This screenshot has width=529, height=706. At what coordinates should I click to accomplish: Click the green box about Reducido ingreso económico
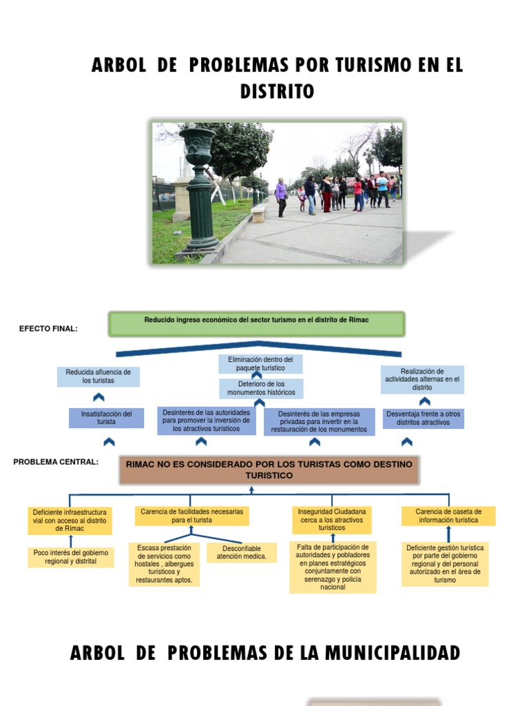point(257,323)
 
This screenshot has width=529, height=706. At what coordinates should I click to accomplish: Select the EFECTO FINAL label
point(48,329)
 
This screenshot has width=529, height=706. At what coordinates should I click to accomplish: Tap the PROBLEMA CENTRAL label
point(56,462)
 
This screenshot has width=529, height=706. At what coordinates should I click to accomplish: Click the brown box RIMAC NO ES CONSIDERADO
point(269,470)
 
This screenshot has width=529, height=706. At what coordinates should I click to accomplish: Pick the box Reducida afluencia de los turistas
point(98,376)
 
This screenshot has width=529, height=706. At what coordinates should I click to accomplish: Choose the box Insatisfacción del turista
point(107,418)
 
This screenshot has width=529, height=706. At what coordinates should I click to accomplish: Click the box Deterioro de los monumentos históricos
point(261,388)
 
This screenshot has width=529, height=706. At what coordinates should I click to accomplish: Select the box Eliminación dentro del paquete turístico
point(260,364)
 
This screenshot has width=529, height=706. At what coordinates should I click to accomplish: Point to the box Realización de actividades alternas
point(422,379)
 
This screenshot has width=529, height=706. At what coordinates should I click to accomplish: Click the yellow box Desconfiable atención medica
point(242,552)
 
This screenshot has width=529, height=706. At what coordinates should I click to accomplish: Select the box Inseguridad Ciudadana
point(332,520)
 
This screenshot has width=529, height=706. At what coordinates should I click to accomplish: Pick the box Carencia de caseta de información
point(448,516)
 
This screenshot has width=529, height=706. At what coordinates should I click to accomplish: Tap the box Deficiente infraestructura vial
point(69,521)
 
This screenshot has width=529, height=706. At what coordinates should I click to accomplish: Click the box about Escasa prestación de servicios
point(163,564)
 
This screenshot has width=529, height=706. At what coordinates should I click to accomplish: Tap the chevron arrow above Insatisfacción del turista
point(98,398)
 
